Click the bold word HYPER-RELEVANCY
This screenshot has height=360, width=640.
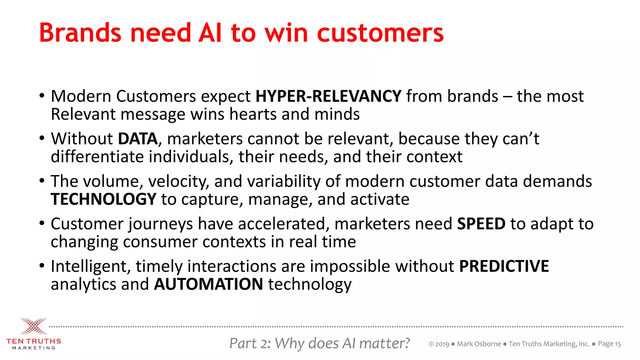pos(328,96)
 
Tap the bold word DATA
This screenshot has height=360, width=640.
pos(138,139)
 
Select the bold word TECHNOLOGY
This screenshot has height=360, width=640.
pos(103,199)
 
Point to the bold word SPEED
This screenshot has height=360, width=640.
pos(481,224)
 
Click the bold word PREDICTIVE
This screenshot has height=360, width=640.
pos(504,266)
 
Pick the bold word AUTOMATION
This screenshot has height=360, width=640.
pos(208,284)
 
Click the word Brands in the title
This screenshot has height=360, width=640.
pos(80,33)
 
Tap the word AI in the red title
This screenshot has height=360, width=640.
pos(210,33)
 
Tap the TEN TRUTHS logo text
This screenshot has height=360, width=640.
pos(34,341)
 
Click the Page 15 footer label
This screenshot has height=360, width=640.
pos(609,344)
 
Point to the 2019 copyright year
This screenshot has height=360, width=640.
pos(442,344)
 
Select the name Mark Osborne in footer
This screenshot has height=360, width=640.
pos(479,344)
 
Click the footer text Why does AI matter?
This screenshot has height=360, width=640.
pos(342,343)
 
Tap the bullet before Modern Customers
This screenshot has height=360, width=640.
pos(42,96)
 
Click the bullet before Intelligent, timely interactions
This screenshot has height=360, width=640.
pos(42,266)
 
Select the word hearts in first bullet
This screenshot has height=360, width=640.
pos(253,114)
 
